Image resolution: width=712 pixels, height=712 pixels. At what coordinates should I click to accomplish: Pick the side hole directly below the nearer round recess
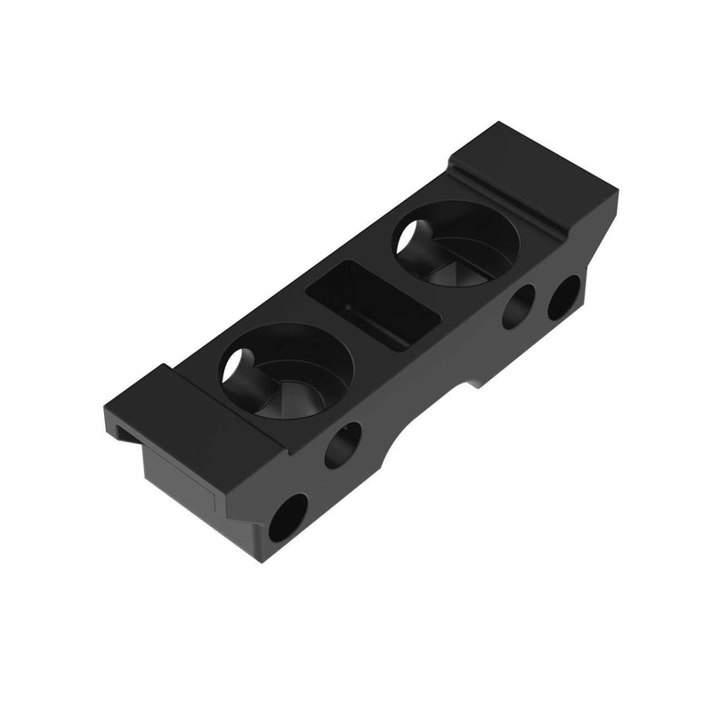click(x=343, y=445)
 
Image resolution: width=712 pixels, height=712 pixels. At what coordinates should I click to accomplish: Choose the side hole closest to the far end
click(x=563, y=297)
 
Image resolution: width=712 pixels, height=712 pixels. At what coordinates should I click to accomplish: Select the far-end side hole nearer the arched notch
click(x=518, y=307)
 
